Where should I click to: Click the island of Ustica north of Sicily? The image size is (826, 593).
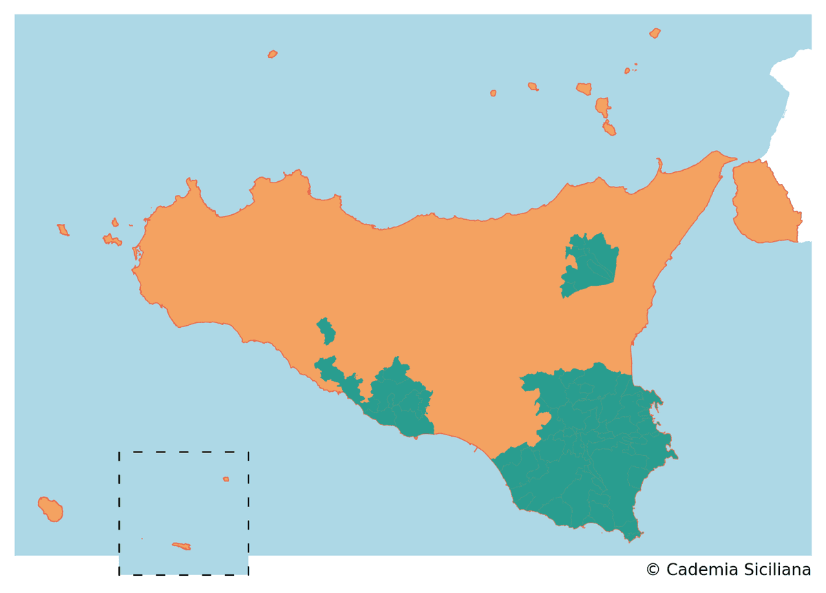click(x=273, y=54)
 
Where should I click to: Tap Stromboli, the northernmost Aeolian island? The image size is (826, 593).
click(x=655, y=33)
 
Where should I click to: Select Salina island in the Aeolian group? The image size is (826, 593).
click(x=584, y=89)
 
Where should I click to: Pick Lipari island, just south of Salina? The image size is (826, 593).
click(x=602, y=107)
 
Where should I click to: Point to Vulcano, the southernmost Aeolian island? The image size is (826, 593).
click(x=608, y=128)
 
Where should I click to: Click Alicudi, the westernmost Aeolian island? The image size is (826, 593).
click(x=493, y=93)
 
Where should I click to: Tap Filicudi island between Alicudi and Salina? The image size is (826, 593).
click(x=532, y=87)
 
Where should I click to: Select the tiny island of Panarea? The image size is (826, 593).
click(x=627, y=70)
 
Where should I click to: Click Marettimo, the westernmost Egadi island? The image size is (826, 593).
click(x=63, y=230)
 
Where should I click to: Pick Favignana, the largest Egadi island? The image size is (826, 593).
click(x=112, y=240)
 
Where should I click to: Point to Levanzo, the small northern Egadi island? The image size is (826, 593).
click(x=115, y=222)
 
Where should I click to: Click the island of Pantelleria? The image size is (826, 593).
click(x=50, y=510)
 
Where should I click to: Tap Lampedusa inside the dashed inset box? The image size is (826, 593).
click(x=182, y=546)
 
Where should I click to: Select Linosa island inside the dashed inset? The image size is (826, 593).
click(x=226, y=479)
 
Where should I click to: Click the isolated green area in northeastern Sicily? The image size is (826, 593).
click(x=591, y=264)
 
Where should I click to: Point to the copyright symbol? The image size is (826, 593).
click(x=653, y=570)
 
